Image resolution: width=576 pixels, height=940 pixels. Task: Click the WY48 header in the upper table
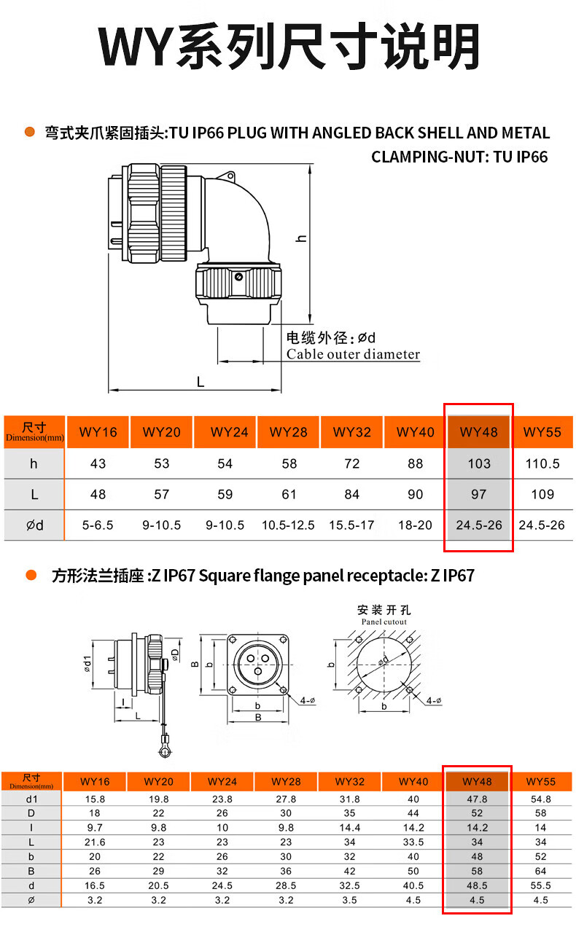click(x=478, y=432)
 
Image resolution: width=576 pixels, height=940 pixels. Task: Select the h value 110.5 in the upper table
click(x=542, y=463)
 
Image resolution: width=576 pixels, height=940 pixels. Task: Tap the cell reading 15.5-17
click(x=352, y=525)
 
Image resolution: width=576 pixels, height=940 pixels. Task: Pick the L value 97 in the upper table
click(x=478, y=494)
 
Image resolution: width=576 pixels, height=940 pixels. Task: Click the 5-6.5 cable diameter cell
click(x=98, y=525)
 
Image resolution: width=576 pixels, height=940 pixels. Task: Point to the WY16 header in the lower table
click(x=95, y=782)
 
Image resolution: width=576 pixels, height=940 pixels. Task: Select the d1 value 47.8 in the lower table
click(x=477, y=799)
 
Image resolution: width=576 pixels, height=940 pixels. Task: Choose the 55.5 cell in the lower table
click(x=540, y=885)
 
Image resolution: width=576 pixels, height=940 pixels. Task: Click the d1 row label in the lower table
click(x=31, y=799)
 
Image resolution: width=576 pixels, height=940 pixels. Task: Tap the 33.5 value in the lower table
click(x=413, y=842)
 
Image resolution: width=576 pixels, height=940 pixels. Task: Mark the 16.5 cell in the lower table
click(x=95, y=885)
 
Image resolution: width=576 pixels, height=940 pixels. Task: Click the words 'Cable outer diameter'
click(x=353, y=355)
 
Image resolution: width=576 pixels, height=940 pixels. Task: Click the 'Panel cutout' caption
click(x=384, y=622)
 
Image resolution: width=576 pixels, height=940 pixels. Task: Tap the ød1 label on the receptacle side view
click(x=87, y=665)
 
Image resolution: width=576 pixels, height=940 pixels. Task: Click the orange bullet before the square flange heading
click(x=31, y=576)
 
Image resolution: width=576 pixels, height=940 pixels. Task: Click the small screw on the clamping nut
click(x=238, y=277)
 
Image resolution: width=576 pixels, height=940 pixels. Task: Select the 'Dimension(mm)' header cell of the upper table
click(x=34, y=432)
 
